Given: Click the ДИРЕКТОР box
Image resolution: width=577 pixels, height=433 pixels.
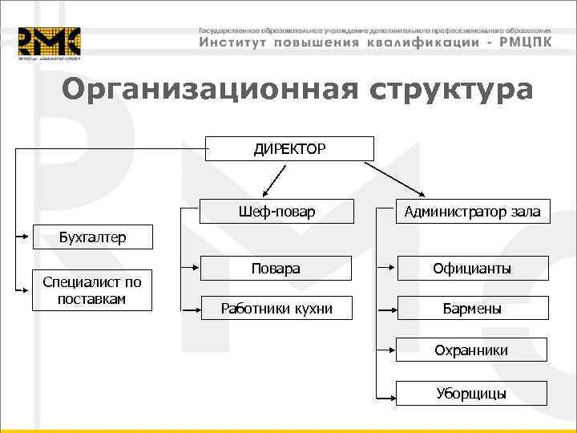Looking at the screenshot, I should (x=290, y=148).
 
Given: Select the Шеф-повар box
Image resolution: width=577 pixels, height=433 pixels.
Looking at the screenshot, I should (x=276, y=212).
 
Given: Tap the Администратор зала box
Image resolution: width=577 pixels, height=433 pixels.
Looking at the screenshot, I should (x=472, y=212).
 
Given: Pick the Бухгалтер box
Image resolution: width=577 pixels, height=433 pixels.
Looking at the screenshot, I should (x=93, y=237).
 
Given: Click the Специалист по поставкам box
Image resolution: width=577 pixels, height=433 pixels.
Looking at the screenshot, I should (x=93, y=289).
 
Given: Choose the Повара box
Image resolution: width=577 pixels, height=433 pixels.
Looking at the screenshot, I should (x=276, y=269).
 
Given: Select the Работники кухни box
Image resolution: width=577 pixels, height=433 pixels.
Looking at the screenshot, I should (x=276, y=308).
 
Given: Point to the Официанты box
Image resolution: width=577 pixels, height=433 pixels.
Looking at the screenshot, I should (x=472, y=269).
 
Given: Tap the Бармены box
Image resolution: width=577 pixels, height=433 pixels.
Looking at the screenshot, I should (x=472, y=308).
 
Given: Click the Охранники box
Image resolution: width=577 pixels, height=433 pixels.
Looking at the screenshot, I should (x=472, y=350).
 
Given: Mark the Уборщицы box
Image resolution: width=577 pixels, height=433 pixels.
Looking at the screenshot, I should (x=472, y=393).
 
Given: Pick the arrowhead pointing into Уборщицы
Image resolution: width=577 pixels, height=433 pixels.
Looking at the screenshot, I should (x=390, y=393).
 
